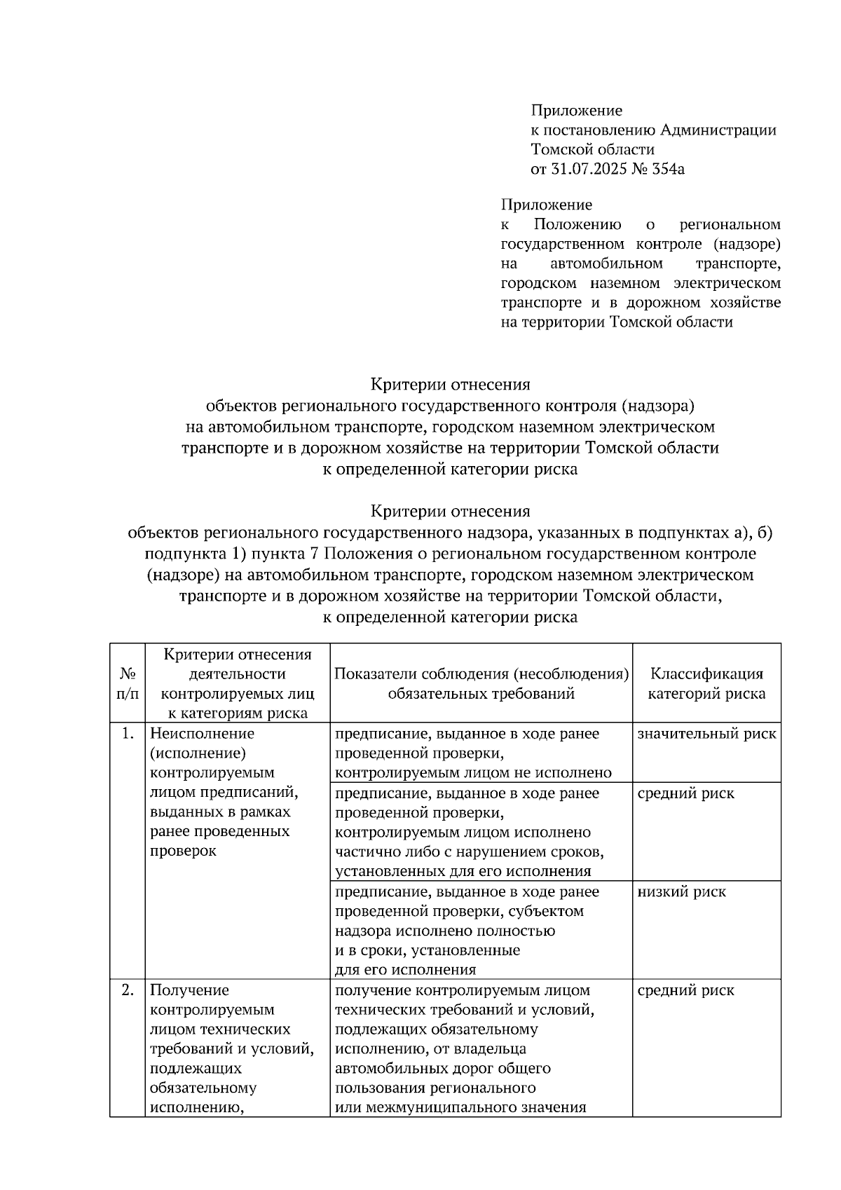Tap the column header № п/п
(x=128, y=683)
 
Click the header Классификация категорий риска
(x=706, y=683)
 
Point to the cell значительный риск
(x=706, y=734)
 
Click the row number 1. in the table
(x=128, y=734)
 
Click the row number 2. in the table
(x=128, y=990)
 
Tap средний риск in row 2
(x=686, y=990)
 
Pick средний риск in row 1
(x=686, y=793)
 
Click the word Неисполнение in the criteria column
(x=203, y=734)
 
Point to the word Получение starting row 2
(x=189, y=990)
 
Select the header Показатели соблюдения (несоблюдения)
(x=481, y=674)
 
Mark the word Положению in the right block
(x=577, y=224)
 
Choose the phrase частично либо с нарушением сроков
(x=470, y=852)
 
